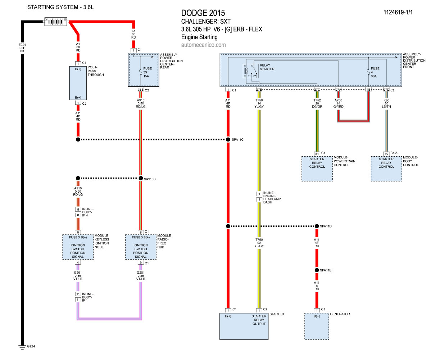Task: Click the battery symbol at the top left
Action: point(56,22)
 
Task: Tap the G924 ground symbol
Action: point(22,346)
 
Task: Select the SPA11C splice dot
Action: point(228,139)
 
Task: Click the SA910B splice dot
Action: point(141,178)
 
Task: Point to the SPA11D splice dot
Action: point(317,226)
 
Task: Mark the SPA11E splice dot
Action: point(317,270)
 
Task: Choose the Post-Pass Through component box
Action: point(78,83)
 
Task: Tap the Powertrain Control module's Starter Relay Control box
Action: point(317,168)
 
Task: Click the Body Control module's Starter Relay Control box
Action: point(386,168)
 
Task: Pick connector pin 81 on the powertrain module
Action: point(317,154)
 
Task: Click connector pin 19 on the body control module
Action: point(386,154)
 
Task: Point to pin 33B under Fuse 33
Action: point(141,90)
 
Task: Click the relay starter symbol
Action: point(250,71)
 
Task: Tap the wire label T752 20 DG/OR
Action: point(317,104)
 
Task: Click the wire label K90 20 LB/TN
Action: point(386,104)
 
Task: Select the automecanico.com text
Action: point(204,45)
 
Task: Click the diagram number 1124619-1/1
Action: point(398,12)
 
